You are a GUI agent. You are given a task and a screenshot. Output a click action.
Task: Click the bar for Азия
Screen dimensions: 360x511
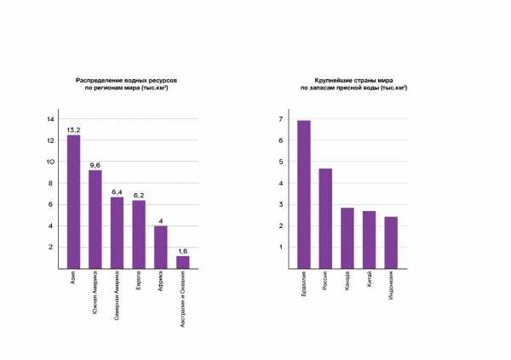pos(73,202)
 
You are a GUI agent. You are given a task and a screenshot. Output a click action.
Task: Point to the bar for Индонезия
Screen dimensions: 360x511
pos(391,242)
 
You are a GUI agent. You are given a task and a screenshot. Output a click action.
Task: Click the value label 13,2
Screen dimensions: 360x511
pos(73,129)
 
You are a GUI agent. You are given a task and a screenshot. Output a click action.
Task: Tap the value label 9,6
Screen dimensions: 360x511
pos(95,164)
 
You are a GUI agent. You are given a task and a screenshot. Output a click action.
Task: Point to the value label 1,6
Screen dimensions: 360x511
pos(182,250)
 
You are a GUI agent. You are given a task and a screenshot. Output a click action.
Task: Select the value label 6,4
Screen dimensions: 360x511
pos(117,191)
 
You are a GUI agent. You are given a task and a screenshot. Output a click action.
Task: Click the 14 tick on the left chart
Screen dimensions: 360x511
pos(50,118)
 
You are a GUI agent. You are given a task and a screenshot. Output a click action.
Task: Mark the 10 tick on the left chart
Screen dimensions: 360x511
pos(50,162)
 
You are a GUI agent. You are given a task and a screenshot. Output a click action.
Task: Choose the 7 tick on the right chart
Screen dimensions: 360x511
pos(280,119)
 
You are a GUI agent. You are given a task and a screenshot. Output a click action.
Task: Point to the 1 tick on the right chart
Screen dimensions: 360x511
pos(280,247)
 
